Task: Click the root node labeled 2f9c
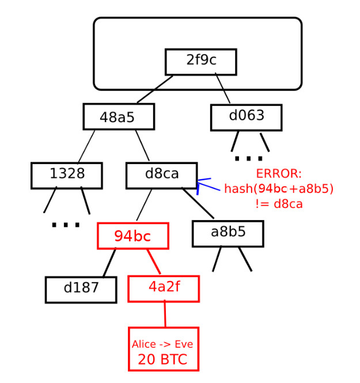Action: coord(200,62)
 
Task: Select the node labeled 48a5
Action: coord(118,117)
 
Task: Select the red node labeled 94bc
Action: coord(132,236)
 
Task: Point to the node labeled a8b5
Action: coord(228,233)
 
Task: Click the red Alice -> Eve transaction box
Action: coord(163,348)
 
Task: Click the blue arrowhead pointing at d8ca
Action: coord(199,185)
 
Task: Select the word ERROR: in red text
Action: coord(279,174)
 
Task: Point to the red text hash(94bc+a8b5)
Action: coord(279,188)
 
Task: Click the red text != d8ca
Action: coord(279,203)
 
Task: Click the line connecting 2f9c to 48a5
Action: coord(155,89)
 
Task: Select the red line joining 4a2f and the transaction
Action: coord(165,314)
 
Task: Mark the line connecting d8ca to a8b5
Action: coord(198,203)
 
